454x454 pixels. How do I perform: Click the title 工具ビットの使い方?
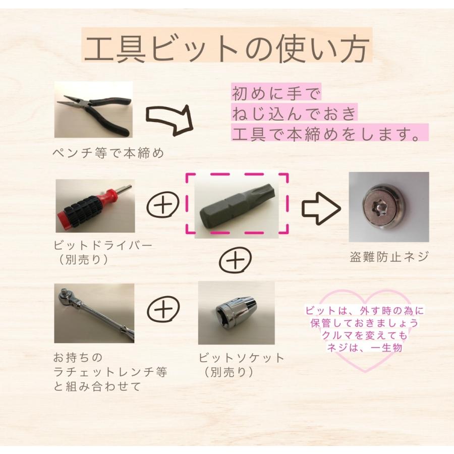tap(227, 48)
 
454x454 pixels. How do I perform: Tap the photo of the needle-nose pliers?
tap(93, 109)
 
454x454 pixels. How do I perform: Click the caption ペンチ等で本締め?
tap(109, 153)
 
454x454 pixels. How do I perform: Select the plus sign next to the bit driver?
tap(163, 207)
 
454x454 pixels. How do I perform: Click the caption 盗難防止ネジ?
tap(389, 256)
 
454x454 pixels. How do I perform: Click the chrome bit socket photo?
tap(236, 313)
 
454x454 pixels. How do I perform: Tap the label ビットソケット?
tap(241, 358)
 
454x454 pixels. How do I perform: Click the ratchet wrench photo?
tap(94, 313)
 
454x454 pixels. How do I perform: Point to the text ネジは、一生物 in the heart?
tap(363, 348)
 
